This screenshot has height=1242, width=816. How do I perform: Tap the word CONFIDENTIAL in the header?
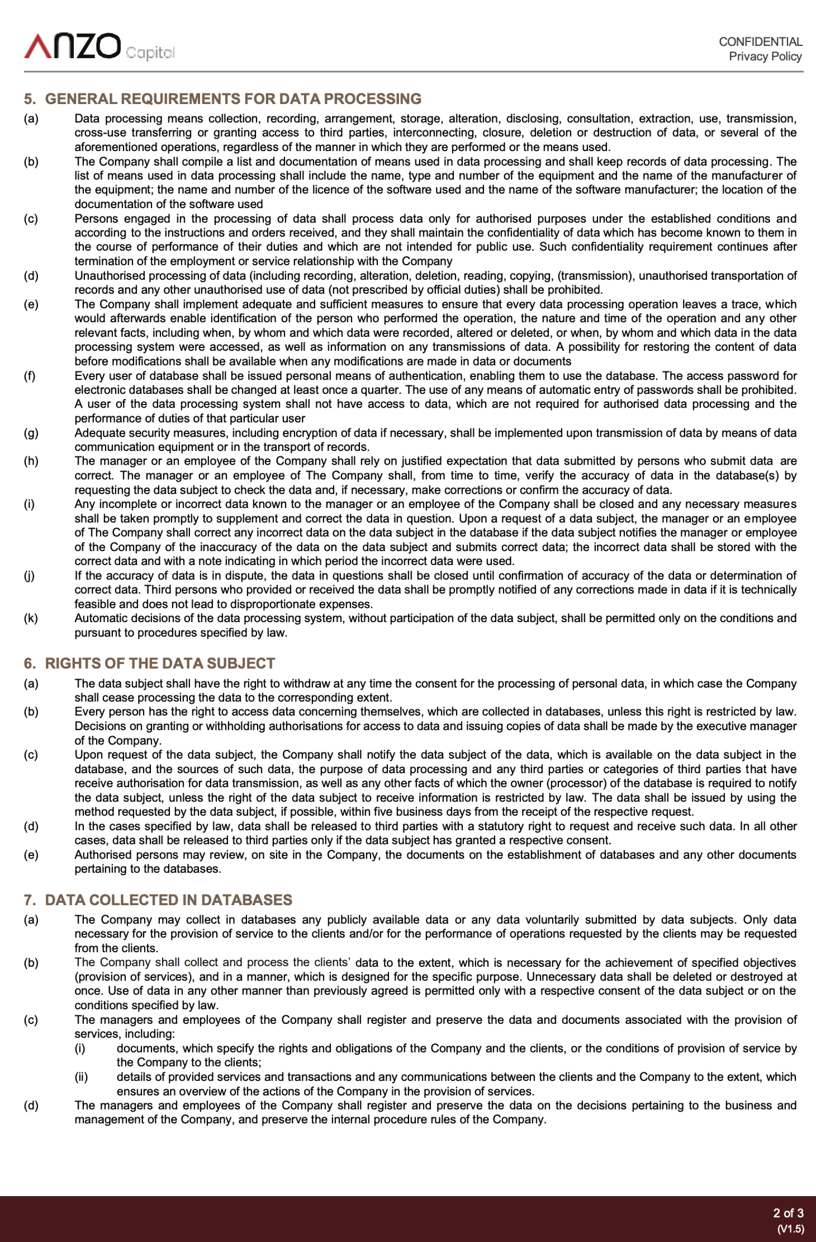(x=760, y=42)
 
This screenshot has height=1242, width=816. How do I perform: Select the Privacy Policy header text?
(x=765, y=56)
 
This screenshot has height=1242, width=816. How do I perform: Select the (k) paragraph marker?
(x=31, y=618)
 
